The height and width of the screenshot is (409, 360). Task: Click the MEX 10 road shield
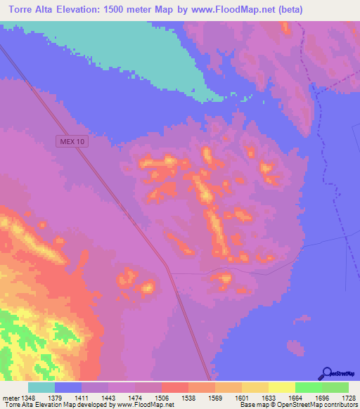pyautogui.click(x=72, y=141)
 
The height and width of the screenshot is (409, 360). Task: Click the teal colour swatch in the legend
pyautogui.click(x=41, y=387)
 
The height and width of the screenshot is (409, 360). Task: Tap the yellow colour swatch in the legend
pyautogui.click(x=281, y=387)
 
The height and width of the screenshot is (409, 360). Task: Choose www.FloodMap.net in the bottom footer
pyautogui.click(x=145, y=404)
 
